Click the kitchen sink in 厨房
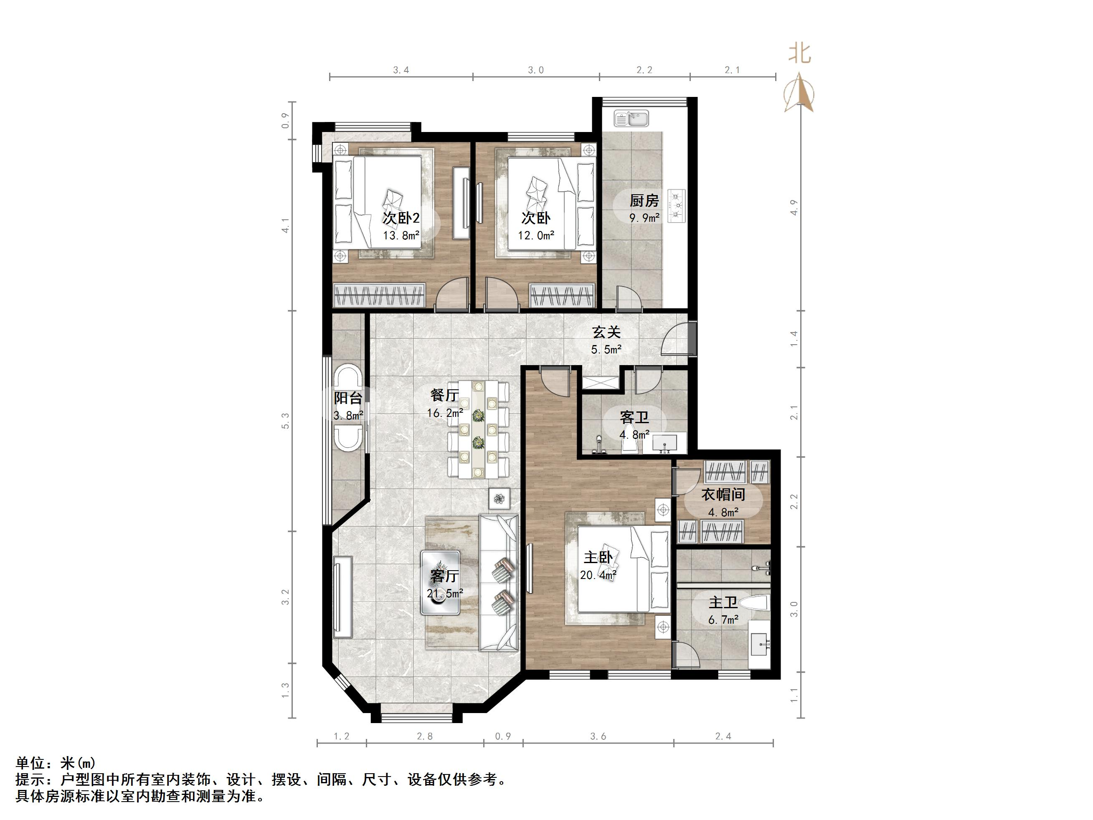[631, 119]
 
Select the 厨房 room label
[644, 201]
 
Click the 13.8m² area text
[401, 235]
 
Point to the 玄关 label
[606, 332]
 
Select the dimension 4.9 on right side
[794, 208]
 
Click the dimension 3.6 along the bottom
[598, 736]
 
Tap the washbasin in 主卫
[759, 645]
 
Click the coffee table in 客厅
[440, 582]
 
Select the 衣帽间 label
[723, 494]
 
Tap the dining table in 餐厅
[478, 429]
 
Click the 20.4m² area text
[598, 575]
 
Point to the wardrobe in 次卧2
[380, 295]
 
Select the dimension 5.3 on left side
[286, 421]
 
